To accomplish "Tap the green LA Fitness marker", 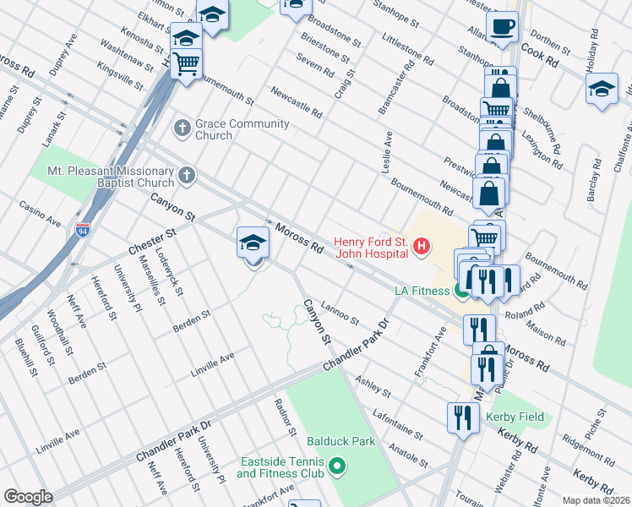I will (461, 291).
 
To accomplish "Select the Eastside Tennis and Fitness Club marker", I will (336, 466).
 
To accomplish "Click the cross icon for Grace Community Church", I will (182, 128).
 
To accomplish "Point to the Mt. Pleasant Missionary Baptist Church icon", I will (187, 176).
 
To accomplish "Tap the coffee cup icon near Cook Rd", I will (503, 27).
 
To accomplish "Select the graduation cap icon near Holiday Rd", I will (601, 89).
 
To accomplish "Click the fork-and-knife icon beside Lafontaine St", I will (463, 417).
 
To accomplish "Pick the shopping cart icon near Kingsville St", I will (186, 63).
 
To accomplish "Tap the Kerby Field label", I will (515, 417).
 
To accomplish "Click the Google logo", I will (28, 497).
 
